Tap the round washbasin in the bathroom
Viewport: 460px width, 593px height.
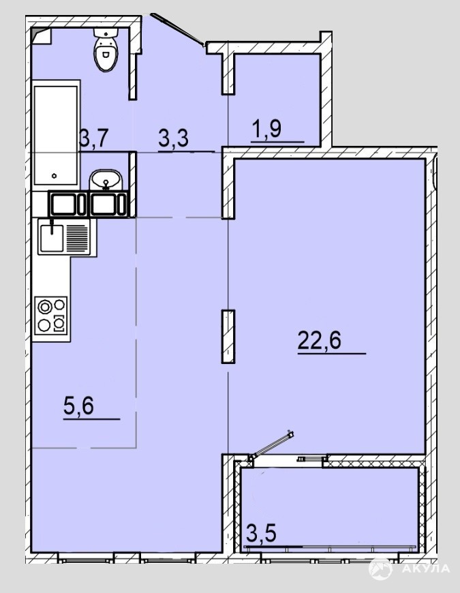click(x=106, y=180)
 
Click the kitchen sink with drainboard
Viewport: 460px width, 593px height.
click(x=64, y=237)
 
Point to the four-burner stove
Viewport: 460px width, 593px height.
click(x=51, y=316)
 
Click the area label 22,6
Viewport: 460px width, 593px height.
click(x=320, y=339)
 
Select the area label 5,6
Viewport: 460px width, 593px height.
click(x=78, y=406)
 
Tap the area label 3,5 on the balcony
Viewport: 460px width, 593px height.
click(x=261, y=532)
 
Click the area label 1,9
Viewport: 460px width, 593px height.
click(x=267, y=130)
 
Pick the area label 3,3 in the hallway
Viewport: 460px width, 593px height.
click(x=173, y=138)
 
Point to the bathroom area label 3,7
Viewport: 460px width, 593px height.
click(x=95, y=138)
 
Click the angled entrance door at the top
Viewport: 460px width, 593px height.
click(x=179, y=30)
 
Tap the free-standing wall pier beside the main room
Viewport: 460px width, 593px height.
click(x=228, y=337)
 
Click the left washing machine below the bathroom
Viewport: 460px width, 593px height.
click(x=68, y=204)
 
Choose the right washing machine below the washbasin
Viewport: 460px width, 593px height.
click(x=108, y=204)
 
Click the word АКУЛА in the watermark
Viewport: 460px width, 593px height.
click(x=426, y=568)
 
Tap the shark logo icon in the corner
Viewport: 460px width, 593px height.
click(x=380, y=568)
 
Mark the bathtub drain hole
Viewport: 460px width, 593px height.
click(x=55, y=175)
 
